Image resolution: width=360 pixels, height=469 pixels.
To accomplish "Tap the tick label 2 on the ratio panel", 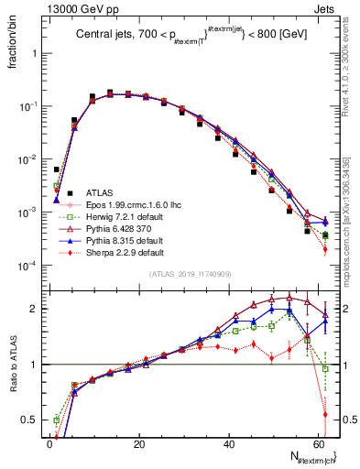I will (35, 308).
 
